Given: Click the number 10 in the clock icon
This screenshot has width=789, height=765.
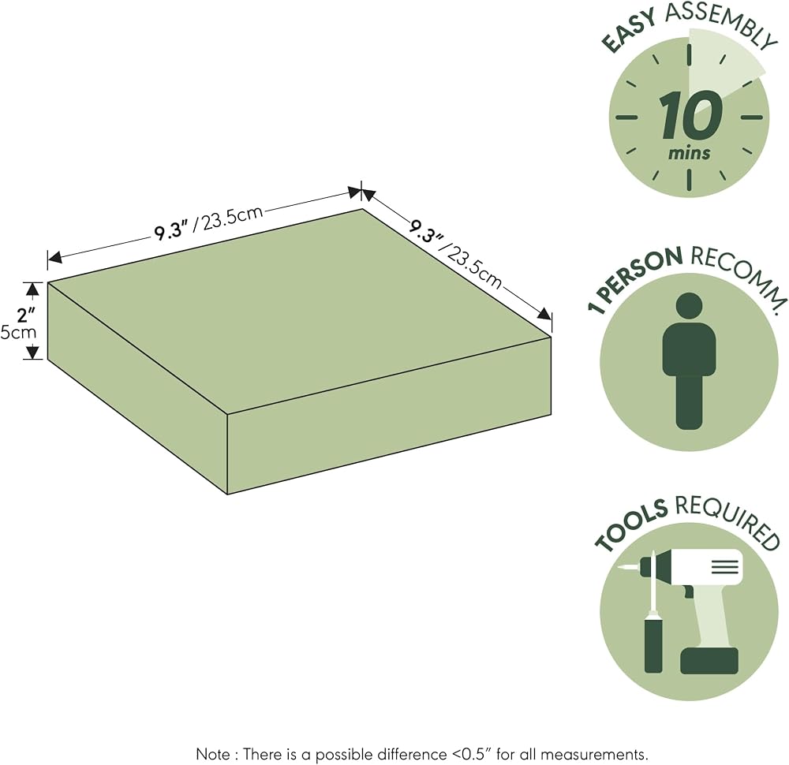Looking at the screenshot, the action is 691,115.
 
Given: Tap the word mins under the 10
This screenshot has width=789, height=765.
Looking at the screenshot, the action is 690,153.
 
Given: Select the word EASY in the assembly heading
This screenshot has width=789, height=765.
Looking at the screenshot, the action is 629,32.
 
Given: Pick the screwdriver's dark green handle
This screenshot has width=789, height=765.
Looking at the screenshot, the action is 653,646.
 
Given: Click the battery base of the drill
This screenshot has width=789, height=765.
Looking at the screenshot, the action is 709,660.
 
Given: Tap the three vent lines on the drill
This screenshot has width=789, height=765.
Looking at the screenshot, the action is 724,567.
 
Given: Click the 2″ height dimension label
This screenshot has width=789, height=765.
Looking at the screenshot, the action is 26,315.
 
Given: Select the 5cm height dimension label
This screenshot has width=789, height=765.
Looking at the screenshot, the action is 19,333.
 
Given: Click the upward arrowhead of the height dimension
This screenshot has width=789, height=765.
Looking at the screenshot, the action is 32,289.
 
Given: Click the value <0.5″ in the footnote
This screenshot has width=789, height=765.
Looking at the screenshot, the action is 479,754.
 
